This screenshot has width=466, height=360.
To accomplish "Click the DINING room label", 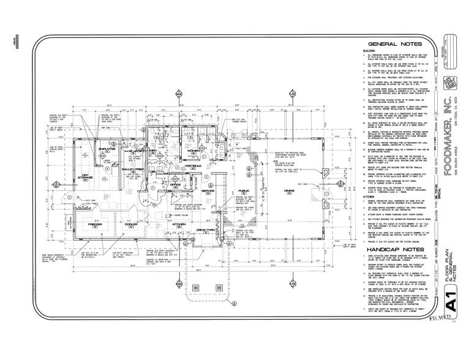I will [271, 191].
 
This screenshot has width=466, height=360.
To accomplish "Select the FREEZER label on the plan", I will [95, 225].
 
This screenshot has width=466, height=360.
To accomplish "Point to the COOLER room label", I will [131, 225].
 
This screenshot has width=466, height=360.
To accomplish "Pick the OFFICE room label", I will [175, 184].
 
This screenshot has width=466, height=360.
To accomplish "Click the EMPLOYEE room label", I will [108, 132].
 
